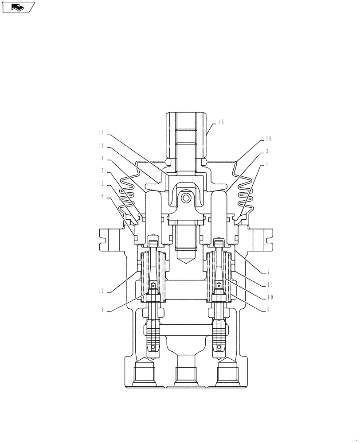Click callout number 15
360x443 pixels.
coord(220,122)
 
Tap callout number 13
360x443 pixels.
coord(101,133)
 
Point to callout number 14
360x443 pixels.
coord(101,145)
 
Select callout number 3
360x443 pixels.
coord(267,152)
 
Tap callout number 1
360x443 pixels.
coord(267,164)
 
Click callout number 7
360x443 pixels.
coord(268,272)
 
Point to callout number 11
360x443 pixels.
coord(269,285)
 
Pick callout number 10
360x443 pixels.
coord(269,297)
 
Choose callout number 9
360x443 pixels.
coord(268,310)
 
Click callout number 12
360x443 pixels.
coord(101,291)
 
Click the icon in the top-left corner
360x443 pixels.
coord(18,7)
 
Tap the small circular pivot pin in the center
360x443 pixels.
coord(186,197)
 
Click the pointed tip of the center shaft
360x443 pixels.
coord(186,262)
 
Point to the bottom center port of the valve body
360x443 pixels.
coord(186,372)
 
